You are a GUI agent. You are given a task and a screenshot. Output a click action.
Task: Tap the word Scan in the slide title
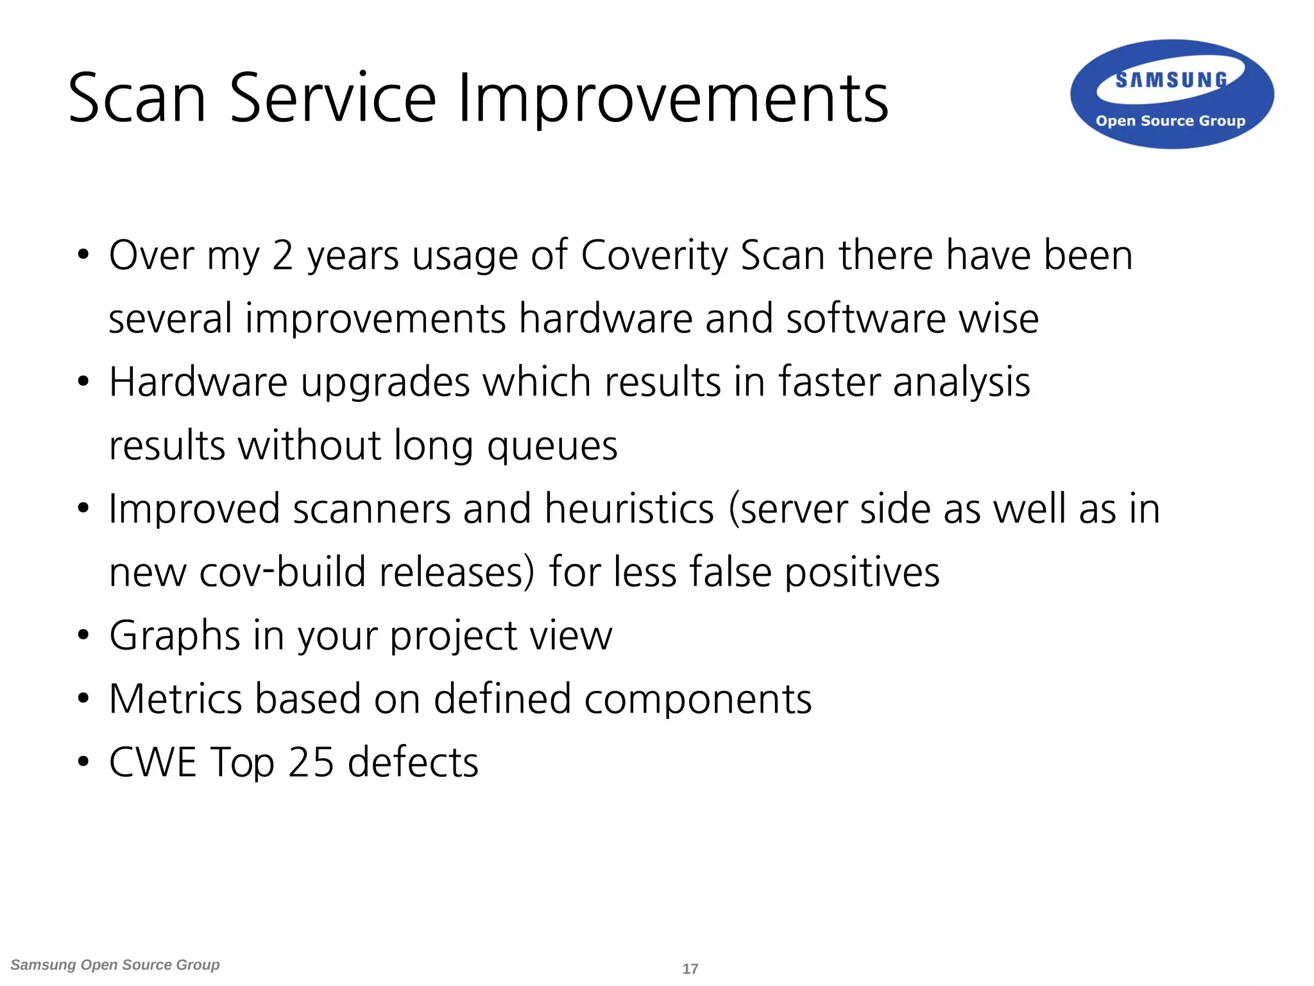(137, 99)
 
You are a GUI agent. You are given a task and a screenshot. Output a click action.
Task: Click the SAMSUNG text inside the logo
(1171, 80)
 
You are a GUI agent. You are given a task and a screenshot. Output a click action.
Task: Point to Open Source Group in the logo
(1170, 121)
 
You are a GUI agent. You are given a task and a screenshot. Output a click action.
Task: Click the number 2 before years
(282, 255)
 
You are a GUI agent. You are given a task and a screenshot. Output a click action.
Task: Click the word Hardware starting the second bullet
(198, 383)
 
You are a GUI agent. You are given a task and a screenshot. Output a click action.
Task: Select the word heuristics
(629, 509)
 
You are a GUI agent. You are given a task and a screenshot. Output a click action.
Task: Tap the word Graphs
(175, 636)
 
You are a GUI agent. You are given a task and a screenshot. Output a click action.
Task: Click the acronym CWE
(153, 762)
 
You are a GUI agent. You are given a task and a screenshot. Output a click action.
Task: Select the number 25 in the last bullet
(311, 762)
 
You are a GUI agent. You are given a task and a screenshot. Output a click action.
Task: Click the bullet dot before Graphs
(83, 636)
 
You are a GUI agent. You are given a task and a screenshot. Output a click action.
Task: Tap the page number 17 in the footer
(690, 969)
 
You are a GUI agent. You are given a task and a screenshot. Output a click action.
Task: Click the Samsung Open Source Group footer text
(115, 965)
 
